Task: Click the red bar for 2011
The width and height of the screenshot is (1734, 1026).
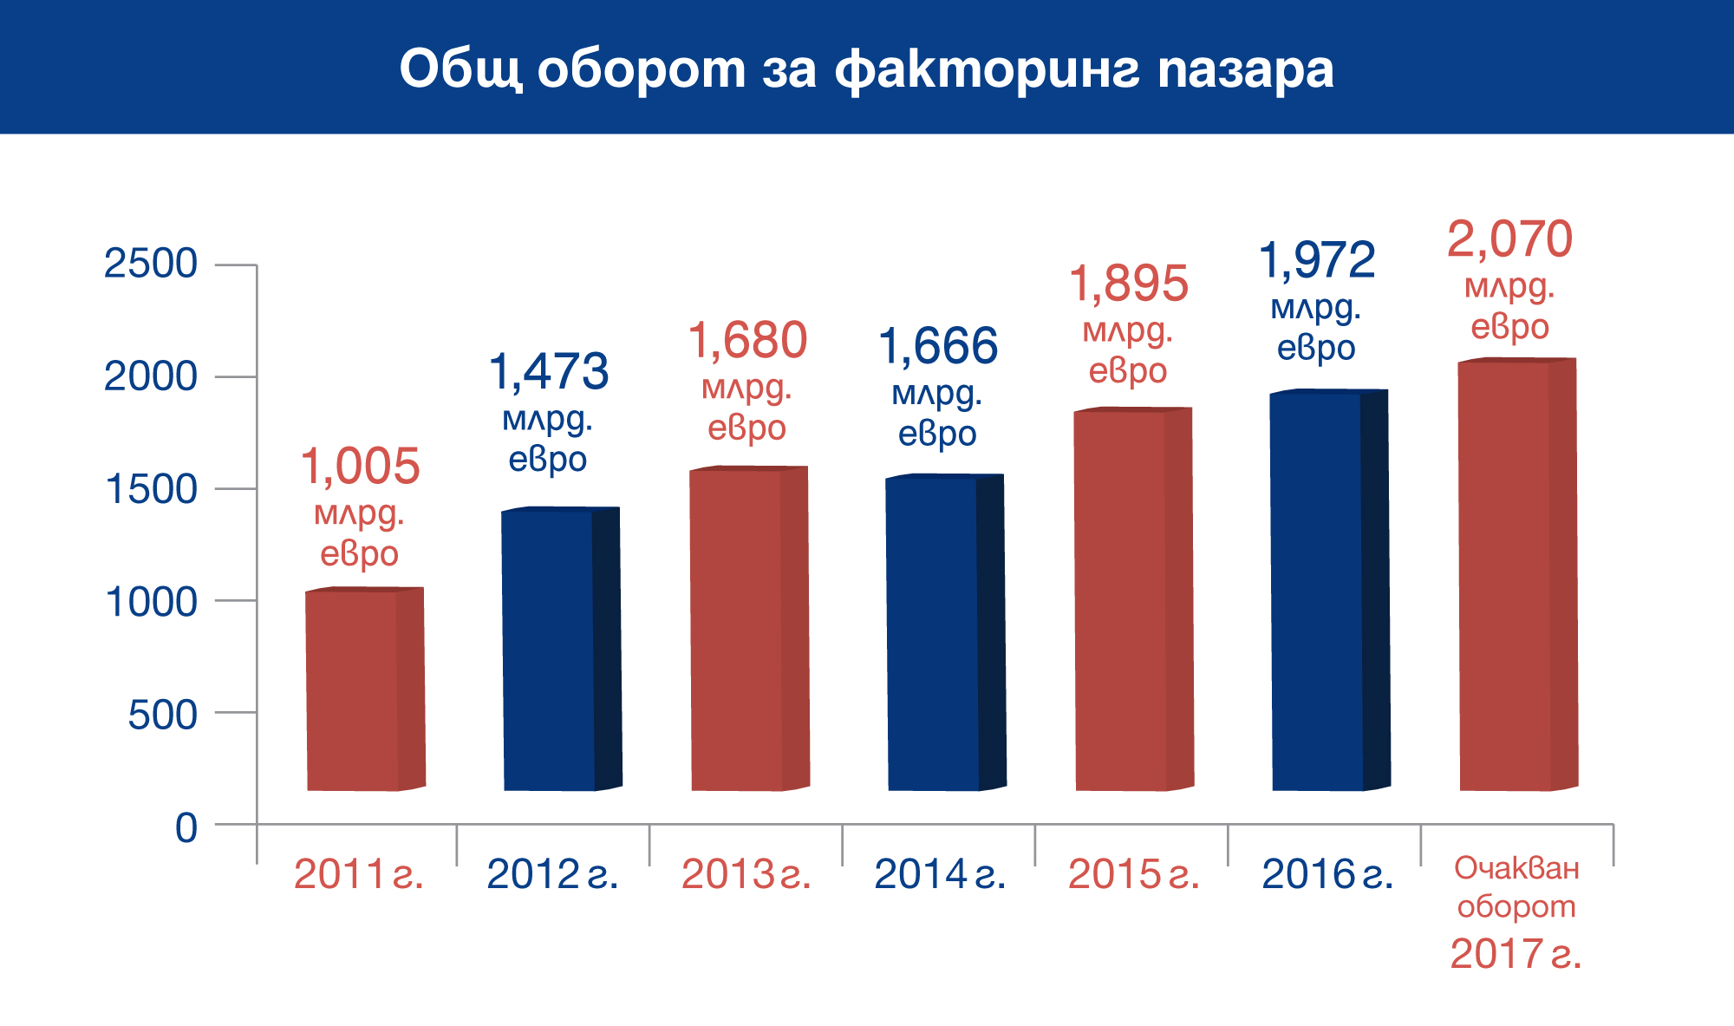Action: [x=365, y=689]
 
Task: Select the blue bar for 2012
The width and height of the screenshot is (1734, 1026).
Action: [x=561, y=649]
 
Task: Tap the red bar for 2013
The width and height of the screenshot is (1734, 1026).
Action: [x=750, y=629]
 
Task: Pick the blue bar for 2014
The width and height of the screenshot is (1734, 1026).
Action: [x=946, y=633]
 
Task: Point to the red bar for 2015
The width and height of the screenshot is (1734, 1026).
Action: [x=1134, y=599]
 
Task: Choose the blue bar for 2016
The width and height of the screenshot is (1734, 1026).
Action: [x=1330, y=591]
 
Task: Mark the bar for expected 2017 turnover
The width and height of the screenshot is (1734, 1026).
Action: [x=1518, y=574]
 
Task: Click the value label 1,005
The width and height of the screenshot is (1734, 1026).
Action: [x=360, y=467]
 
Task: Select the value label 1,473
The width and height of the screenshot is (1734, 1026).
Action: [x=549, y=372]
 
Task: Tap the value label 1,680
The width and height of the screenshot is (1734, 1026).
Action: [x=747, y=340]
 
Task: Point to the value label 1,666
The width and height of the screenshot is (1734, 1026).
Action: [x=938, y=346]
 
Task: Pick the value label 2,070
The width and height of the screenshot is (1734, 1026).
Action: [x=1509, y=239]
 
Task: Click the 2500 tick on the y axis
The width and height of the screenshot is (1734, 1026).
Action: [x=151, y=264]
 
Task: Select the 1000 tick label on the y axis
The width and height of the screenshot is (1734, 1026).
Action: [x=151, y=602]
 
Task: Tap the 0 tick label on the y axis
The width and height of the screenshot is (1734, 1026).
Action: [x=186, y=828]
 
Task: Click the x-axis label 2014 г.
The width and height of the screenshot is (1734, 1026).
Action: [x=940, y=874]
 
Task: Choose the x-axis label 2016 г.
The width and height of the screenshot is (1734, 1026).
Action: [x=1327, y=874]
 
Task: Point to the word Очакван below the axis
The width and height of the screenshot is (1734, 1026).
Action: [x=1516, y=868]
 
